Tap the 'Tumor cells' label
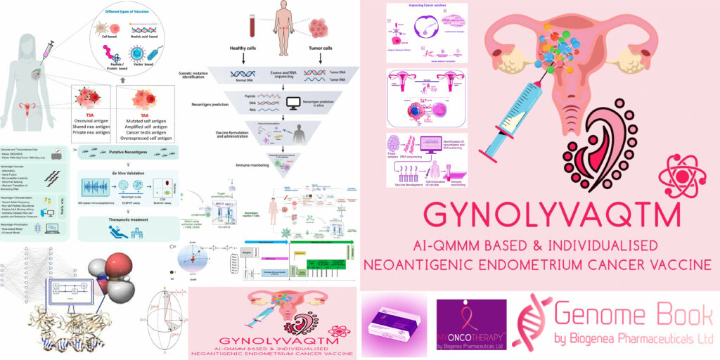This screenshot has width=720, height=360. (x=315, y=49)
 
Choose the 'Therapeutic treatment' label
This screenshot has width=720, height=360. (x=122, y=219)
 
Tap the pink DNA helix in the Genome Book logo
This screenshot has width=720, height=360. (x=530, y=323)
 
